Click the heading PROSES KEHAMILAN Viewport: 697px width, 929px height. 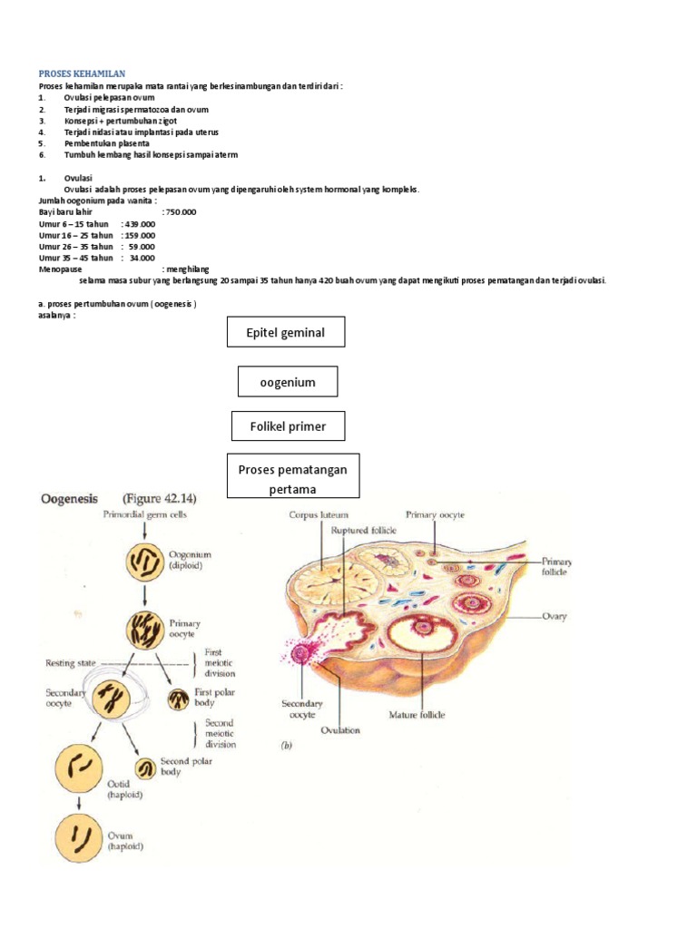[x=82, y=73]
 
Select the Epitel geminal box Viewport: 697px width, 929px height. [x=286, y=333]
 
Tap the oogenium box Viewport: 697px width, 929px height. [x=287, y=382]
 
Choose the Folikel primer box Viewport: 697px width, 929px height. [x=288, y=426]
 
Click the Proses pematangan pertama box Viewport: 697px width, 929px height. [x=292, y=478]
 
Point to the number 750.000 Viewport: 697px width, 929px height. [x=180, y=211]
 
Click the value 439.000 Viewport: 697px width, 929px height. [x=139, y=223]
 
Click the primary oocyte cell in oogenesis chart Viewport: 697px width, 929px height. [x=145, y=628]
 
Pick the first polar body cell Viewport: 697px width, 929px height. [x=178, y=699]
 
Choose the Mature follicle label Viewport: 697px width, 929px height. [x=417, y=715]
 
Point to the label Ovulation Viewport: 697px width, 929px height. [x=340, y=729]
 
